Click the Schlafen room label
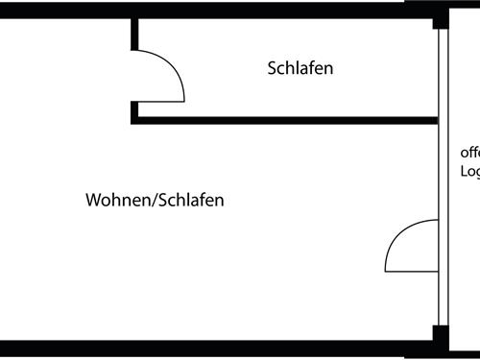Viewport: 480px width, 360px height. click(x=300, y=69)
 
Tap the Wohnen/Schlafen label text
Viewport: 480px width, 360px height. click(x=155, y=201)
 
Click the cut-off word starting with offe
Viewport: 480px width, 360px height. click(x=469, y=153)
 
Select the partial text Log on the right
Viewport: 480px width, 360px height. click(x=469, y=172)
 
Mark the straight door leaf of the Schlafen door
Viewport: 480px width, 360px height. click(x=159, y=99)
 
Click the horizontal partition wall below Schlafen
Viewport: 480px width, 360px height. click(x=288, y=121)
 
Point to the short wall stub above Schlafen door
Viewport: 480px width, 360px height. click(x=135, y=35)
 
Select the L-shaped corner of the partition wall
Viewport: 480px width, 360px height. click(x=135, y=119)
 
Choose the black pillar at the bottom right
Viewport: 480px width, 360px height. click(x=440, y=337)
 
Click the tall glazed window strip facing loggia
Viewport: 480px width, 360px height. click(x=443, y=192)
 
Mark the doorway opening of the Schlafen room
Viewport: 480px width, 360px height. click(x=135, y=77)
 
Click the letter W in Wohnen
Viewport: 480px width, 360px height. click(x=94, y=201)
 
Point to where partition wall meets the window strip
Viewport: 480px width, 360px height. click(x=437, y=121)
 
